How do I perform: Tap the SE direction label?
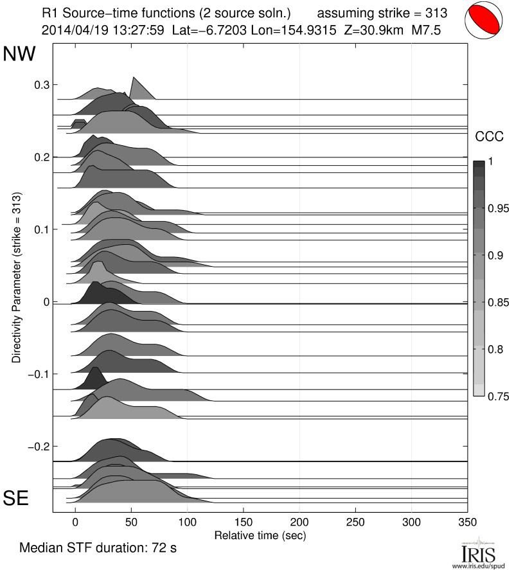(17, 498)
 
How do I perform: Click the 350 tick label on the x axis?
(467, 522)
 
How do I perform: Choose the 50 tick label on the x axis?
(131, 522)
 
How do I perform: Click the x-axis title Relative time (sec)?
(260, 535)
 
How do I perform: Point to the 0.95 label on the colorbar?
(498, 208)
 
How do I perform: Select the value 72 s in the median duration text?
(163, 549)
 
